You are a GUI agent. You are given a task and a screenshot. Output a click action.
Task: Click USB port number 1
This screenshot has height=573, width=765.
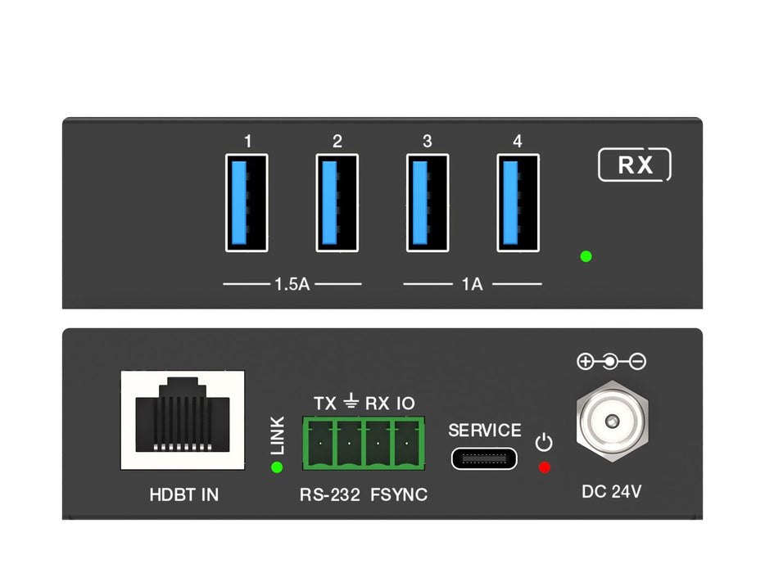[x=247, y=202]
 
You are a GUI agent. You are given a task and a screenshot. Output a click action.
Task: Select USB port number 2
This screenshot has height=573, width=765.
[x=337, y=202]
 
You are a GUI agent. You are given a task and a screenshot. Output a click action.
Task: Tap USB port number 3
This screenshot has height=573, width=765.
[x=428, y=202]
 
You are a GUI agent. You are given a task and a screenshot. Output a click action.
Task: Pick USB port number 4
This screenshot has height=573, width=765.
[x=518, y=202]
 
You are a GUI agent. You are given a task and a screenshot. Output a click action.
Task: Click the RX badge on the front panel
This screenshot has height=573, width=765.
[x=635, y=165]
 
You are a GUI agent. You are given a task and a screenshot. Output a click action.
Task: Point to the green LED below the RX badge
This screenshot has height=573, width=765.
[x=586, y=256]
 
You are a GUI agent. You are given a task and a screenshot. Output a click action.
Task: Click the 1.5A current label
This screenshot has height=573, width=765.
[x=292, y=285]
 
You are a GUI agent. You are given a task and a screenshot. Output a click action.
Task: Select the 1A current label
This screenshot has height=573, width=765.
[x=473, y=285]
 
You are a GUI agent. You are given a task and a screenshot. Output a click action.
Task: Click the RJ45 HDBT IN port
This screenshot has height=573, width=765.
[x=183, y=420]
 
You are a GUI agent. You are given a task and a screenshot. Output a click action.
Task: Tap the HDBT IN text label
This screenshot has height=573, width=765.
[x=184, y=494]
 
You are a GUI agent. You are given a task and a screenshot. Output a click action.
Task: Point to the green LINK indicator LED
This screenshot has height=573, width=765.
[x=277, y=467]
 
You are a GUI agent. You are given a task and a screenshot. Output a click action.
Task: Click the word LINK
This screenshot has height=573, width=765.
[x=278, y=435]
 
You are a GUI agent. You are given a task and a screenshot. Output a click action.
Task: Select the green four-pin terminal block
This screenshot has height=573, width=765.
[x=364, y=443]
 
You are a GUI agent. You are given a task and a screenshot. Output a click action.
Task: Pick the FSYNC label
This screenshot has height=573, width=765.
[x=400, y=494]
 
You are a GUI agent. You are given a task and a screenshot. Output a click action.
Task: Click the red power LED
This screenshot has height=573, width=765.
[x=544, y=467]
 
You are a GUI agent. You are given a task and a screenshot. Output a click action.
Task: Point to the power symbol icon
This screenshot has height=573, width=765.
[x=544, y=444]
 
